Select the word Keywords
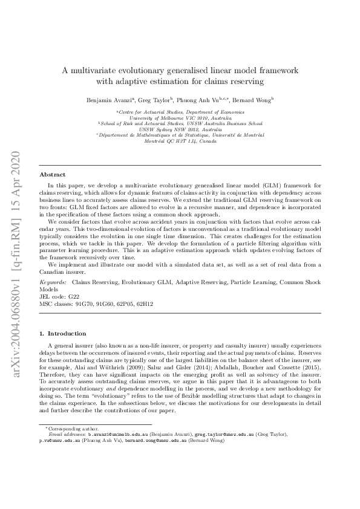53,282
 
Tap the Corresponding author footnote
67,429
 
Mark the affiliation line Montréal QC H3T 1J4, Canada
180,140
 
